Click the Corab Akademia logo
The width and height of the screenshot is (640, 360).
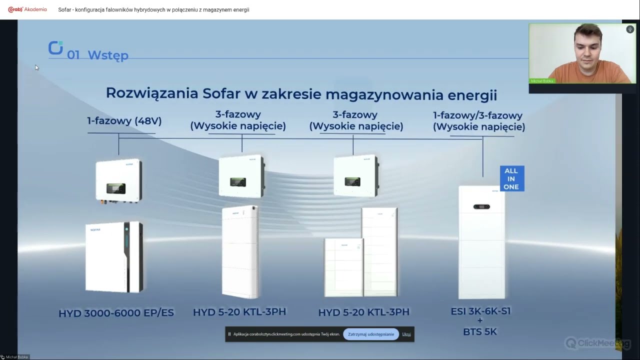[27, 9]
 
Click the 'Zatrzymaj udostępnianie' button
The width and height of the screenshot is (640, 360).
[371, 334]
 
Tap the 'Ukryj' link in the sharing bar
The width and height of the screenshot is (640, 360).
[406, 334]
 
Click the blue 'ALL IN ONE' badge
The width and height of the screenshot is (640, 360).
[511, 178]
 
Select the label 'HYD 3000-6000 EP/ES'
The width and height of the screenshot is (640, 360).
[116, 313]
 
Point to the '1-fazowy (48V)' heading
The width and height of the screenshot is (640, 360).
[124, 121]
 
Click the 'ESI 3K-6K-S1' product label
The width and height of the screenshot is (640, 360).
[480, 311]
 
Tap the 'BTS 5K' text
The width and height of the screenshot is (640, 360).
[480, 331]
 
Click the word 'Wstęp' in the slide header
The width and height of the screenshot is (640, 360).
[108, 55]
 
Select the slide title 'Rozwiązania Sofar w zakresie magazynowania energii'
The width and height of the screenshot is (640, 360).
[301, 93]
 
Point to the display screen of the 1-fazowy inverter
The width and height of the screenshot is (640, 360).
[115, 188]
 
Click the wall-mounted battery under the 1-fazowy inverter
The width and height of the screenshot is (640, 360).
[114, 256]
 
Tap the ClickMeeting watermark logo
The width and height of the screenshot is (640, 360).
[597, 343]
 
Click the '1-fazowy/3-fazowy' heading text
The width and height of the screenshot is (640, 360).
[477, 115]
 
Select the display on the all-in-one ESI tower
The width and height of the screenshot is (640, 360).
[481, 206]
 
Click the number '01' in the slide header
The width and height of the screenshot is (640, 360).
[73, 55]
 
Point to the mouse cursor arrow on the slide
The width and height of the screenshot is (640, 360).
[36, 67]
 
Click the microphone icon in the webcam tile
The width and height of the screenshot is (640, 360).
[630, 29]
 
